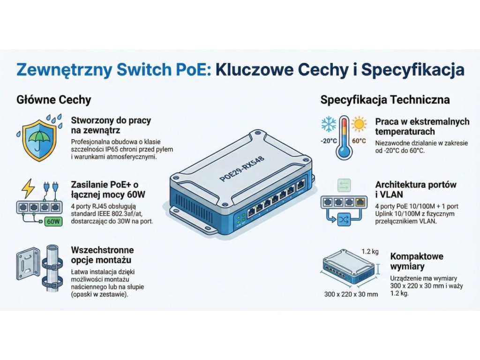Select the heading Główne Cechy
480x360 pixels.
53,100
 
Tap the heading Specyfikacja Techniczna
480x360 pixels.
385,100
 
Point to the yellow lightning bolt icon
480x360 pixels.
29,188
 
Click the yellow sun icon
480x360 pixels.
359,124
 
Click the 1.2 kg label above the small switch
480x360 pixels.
371,252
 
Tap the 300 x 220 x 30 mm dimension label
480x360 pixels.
351,294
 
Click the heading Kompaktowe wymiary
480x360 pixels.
416,262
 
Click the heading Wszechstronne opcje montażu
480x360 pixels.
102,255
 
